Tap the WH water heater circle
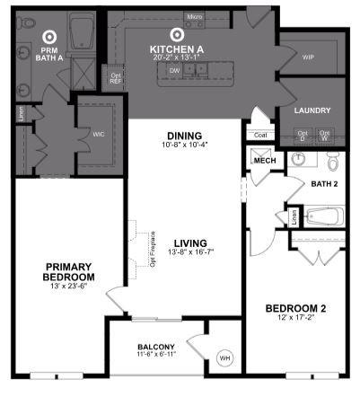pos(224,359)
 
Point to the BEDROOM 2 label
pos(295,309)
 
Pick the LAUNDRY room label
pos(312,110)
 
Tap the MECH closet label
pos(264,161)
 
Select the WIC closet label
pos(98,136)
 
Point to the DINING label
pos(183,136)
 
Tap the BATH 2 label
pos(323,183)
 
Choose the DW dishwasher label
pos(175,70)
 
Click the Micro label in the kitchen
pos(194,17)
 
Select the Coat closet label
pos(261,136)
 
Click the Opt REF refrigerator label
pos(116,77)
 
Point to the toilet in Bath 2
pos(333,162)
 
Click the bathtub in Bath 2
pos(320,216)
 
